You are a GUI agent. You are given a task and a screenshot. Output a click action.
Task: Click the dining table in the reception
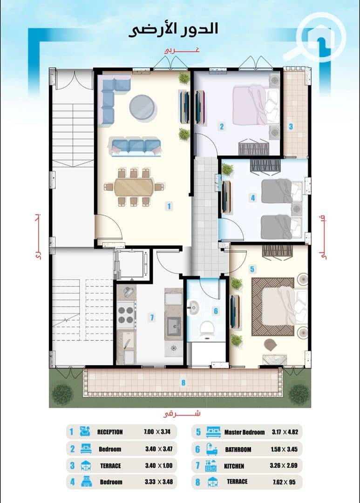click(134, 187)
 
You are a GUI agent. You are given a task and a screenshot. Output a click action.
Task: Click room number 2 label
click(221, 126)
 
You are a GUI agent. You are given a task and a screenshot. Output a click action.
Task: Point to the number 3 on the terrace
click(291, 126)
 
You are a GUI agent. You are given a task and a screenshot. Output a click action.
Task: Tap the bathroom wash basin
click(193, 308)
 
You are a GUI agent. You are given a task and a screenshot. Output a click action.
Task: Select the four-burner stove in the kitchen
click(126, 315)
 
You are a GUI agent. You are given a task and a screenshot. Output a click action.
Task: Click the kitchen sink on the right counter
click(174, 326)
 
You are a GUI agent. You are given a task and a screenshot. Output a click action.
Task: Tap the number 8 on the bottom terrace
click(183, 383)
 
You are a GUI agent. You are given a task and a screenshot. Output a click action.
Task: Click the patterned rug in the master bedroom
click(273, 307)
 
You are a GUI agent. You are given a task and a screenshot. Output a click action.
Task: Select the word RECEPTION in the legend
click(110, 432)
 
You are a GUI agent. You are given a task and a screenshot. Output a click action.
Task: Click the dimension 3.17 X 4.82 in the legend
click(285, 432)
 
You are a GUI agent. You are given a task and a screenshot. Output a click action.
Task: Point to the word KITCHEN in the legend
click(234, 466)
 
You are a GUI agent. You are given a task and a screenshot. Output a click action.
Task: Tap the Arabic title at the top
click(173, 29)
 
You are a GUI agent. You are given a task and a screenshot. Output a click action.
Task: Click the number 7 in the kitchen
click(152, 318)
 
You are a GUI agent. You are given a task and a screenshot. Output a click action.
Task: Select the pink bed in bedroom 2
click(255, 104)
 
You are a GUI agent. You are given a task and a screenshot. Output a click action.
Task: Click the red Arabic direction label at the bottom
click(182, 414)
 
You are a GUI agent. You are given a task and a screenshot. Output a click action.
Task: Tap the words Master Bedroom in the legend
click(245, 432)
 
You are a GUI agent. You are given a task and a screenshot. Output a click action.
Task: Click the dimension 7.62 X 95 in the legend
click(284, 482)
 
